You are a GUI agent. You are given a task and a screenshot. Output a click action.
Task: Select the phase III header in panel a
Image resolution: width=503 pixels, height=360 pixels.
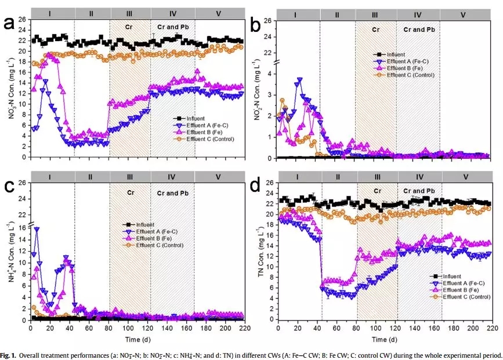130,12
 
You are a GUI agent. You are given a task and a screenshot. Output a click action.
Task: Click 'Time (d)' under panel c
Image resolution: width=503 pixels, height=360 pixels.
137,339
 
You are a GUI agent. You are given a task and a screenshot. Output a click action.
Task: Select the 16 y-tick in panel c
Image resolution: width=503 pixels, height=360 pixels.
21,228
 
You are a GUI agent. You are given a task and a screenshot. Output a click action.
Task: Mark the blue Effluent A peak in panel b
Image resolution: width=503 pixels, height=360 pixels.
300,79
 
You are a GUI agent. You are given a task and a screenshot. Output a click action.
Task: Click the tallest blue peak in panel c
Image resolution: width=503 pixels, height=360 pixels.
37,229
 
